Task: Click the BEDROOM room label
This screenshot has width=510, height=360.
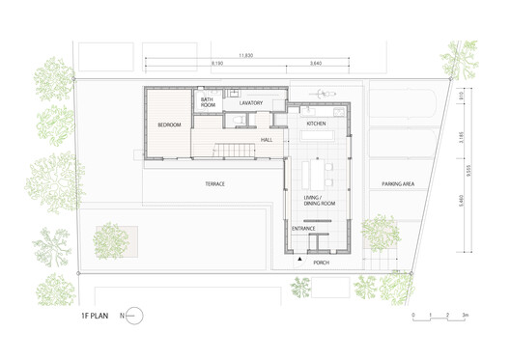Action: pyautogui.click(x=169, y=125)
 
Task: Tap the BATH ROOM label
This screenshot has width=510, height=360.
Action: pyautogui.click(x=207, y=101)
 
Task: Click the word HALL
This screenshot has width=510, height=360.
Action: pyautogui.click(x=267, y=140)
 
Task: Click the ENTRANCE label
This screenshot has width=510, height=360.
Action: pyautogui.click(x=303, y=229)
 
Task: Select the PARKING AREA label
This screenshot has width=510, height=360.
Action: pyautogui.click(x=398, y=182)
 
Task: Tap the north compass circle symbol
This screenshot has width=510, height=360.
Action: pyautogui.click(x=134, y=316)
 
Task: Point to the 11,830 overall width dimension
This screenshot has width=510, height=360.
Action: pyautogui.click(x=246, y=55)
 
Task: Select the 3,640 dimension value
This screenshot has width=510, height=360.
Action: pyautogui.click(x=316, y=66)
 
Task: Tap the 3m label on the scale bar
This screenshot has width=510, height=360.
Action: pyautogui.click(x=465, y=316)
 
